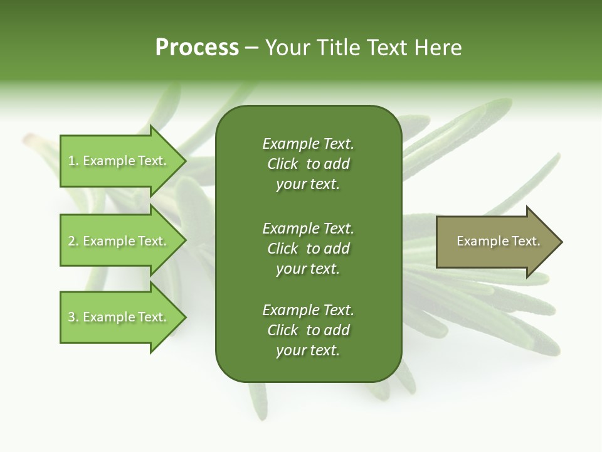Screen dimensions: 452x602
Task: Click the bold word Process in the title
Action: pyautogui.click(x=197, y=48)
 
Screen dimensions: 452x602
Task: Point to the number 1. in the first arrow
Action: pyautogui.click(x=73, y=161)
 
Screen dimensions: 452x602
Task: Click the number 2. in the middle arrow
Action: pyautogui.click(x=73, y=241)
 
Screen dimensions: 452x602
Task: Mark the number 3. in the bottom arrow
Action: pyautogui.click(x=73, y=317)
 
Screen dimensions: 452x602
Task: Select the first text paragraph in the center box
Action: pyautogui.click(x=308, y=164)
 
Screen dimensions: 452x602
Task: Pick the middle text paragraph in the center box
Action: pyautogui.click(x=308, y=249)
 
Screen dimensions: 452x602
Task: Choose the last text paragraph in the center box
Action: pyautogui.click(x=308, y=330)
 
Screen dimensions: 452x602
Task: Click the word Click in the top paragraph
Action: pyautogui.click(x=282, y=164)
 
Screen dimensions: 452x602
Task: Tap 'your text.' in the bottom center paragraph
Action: pyautogui.click(x=308, y=350)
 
